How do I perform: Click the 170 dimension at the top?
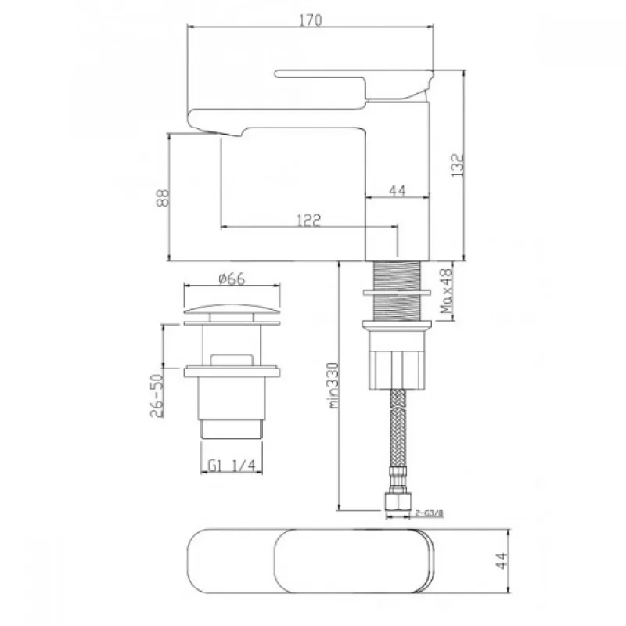click(x=310, y=20)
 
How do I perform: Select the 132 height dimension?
click(x=458, y=165)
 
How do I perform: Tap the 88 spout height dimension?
click(x=163, y=198)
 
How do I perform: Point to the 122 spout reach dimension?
click(x=309, y=220)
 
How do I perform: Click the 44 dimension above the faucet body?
click(x=398, y=190)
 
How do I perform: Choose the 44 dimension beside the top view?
click(x=502, y=560)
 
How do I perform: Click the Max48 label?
click(x=446, y=290)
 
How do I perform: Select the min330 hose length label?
click(x=334, y=385)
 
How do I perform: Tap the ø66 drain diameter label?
click(x=232, y=279)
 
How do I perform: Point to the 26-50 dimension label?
click(x=157, y=395)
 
